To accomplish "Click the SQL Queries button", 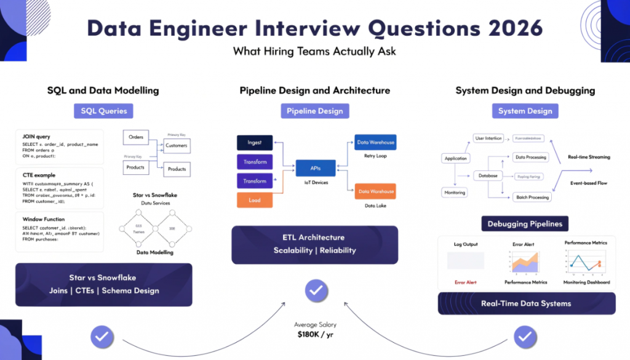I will click(x=103, y=111).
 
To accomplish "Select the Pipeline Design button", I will click(x=314, y=111).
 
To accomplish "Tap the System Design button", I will click(x=525, y=111).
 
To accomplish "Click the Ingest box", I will click(x=255, y=142).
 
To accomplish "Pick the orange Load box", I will click(x=255, y=200).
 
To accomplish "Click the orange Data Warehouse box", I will click(x=375, y=191).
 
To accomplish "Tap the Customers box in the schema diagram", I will click(x=177, y=146).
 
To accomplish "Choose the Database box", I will click(x=488, y=176).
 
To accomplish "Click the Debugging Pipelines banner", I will click(x=525, y=224).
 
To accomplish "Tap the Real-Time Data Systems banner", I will click(x=526, y=303).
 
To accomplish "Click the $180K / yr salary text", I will click(x=314, y=335).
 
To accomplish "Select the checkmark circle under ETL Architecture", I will click(x=315, y=290).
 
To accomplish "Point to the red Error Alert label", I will click(x=466, y=282).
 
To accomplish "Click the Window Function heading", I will click(x=43, y=219).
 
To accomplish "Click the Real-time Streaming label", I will click(x=589, y=157).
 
